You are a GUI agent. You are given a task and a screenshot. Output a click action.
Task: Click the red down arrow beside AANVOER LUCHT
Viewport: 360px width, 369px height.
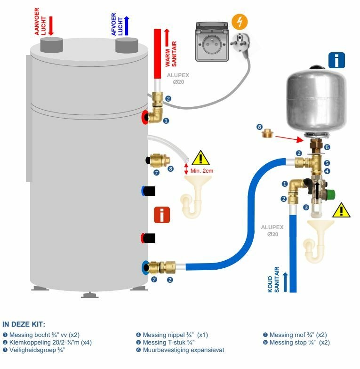coord(51,25)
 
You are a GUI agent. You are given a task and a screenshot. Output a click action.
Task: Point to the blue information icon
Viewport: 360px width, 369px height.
coord(336,60)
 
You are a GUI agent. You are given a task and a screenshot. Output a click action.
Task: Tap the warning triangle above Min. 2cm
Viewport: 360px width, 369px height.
coord(201,158)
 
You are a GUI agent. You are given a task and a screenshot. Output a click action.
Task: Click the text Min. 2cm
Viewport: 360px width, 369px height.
coord(202,170)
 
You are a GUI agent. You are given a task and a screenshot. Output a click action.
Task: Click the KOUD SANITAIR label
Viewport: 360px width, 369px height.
coord(273,280)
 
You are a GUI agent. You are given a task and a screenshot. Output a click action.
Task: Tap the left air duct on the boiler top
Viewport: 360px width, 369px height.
coord(51,45)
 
